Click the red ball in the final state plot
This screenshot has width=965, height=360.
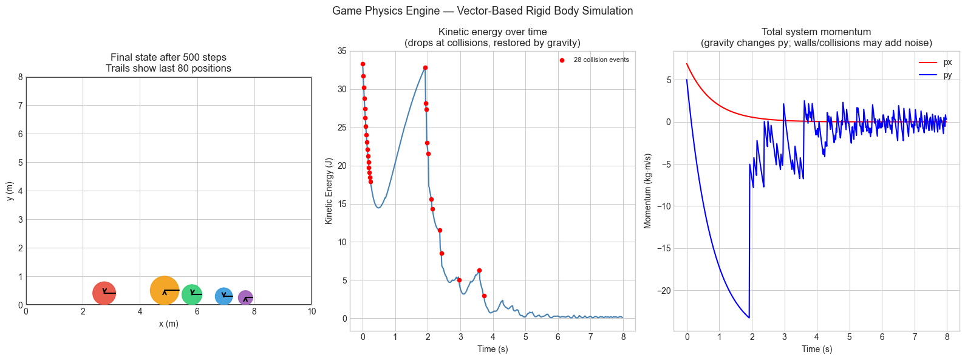[104, 293]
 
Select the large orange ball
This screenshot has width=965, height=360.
[165, 290]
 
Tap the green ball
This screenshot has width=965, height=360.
[192, 294]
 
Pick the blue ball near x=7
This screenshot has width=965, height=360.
[223, 296]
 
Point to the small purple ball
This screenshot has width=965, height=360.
[245, 298]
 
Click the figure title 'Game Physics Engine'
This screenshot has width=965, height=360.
[482, 11]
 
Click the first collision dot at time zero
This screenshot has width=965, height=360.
[363, 64]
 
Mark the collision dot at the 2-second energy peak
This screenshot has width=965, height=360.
[425, 67]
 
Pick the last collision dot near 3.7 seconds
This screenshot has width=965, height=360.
[484, 296]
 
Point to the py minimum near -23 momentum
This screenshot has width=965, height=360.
[749, 318]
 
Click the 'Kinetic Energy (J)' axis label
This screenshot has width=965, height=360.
[329, 191]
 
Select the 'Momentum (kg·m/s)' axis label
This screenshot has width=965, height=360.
[647, 191]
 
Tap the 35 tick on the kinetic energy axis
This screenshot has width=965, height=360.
[342, 52]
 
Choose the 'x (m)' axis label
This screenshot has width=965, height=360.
[169, 324]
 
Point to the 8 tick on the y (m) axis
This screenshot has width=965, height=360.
[20, 77]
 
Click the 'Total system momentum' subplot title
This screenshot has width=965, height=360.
[816, 32]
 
